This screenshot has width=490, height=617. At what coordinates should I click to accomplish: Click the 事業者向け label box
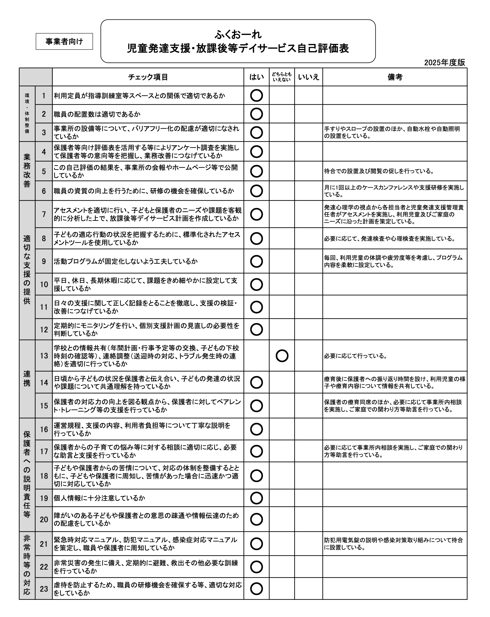click(x=64, y=41)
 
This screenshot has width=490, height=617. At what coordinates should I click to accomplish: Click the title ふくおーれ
click(x=238, y=35)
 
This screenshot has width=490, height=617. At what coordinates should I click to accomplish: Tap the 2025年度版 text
click(x=445, y=63)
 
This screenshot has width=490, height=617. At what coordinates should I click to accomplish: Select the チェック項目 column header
click(x=148, y=77)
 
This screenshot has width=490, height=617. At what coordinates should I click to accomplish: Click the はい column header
click(x=257, y=77)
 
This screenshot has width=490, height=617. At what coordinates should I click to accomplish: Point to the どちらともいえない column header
click(x=282, y=77)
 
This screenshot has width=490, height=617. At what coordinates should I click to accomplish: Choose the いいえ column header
click(x=308, y=77)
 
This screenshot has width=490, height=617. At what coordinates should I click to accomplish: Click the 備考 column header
click(x=395, y=77)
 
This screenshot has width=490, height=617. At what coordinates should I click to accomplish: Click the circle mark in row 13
click(x=282, y=356)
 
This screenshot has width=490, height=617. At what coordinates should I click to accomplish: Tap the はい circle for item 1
click(x=257, y=95)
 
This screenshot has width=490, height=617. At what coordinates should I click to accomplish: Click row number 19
click(x=44, y=498)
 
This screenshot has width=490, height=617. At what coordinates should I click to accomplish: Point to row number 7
click(x=44, y=214)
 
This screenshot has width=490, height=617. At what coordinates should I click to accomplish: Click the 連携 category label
click(x=27, y=378)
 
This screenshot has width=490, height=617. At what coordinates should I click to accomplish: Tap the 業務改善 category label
click(x=27, y=171)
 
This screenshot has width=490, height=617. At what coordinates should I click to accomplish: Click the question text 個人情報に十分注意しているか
click(x=99, y=498)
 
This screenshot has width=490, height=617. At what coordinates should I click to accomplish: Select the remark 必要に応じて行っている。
click(x=356, y=356)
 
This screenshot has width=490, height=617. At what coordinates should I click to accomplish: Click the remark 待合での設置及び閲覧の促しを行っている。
click(x=379, y=171)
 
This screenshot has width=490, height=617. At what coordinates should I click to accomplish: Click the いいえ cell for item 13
click(x=308, y=356)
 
